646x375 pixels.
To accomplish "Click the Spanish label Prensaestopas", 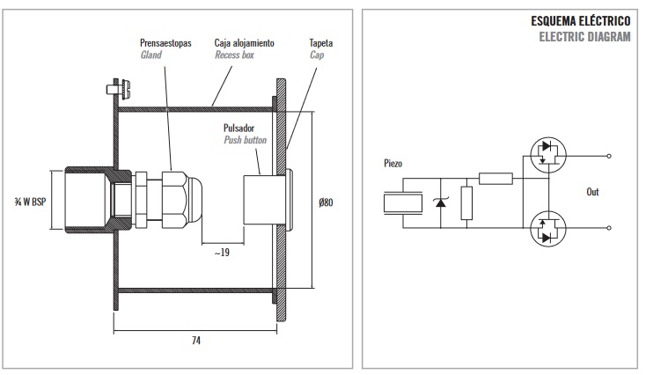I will pyautogui.click(x=166, y=42).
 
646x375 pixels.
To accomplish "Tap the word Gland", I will pyautogui.click(x=151, y=55).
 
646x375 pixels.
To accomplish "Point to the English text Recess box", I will pyautogui.click(x=235, y=55).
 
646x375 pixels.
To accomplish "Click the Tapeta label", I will pyautogui.click(x=321, y=42).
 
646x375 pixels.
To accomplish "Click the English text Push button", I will pyautogui.click(x=245, y=139).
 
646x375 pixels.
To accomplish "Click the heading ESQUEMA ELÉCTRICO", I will pyautogui.click(x=581, y=19).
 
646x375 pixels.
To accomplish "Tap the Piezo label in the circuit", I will pyautogui.click(x=394, y=162).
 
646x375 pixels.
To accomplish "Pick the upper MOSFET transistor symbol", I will pyautogui.click(x=547, y=152).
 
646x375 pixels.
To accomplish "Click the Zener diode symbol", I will pyautogui.click(x=440, y=203).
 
